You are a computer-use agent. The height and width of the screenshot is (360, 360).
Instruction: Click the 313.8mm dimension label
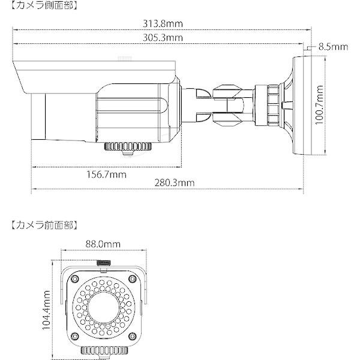163,23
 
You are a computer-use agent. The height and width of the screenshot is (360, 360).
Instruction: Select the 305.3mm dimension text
163,37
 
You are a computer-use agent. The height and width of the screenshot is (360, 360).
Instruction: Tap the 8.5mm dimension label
333,47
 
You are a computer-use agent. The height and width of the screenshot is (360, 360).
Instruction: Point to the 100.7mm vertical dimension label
319,105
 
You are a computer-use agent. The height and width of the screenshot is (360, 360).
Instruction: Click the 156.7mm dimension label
106,175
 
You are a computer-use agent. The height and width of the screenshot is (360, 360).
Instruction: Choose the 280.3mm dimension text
175,183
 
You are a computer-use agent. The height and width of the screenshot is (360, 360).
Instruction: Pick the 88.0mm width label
103,244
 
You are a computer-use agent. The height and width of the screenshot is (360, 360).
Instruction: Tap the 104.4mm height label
46,310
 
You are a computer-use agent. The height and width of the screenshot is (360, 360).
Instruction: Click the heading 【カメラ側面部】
44,5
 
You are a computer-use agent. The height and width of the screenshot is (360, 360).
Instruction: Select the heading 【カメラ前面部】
44,226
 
